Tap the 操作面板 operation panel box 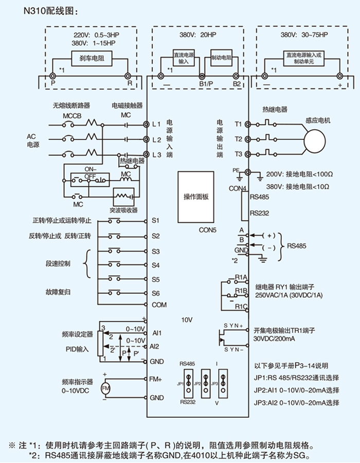pyautogui.click(x=196, y=197)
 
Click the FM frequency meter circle pyautogui.click(x=105, y=388)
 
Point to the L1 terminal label pyautogui.click(x=156, y=124)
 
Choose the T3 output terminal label pyautogui.click(x=238, y=154)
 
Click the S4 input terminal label pyautogui.click(x=156, y=265)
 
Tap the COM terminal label pyautogui.click(x=159, y=305)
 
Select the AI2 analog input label pyautogui.click(x=156, y=346)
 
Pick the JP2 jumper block pyautogui.click(x=206, y=384)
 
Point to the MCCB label pyautogui.click(x=72, y=116)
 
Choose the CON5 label pyautogui.click(x=208, y=230)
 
